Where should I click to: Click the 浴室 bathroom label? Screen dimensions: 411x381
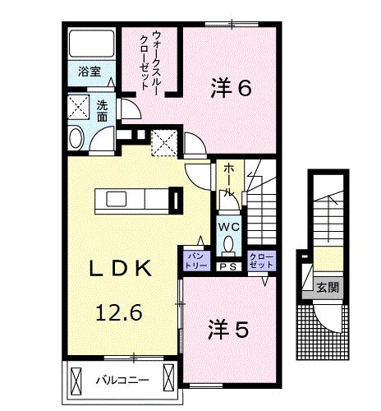(x=89, y=72)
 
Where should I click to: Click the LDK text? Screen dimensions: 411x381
(x=120, y=268)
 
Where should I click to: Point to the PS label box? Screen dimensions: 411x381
(x=228, y=265)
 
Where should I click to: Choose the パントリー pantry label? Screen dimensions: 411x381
(x=195, y=261)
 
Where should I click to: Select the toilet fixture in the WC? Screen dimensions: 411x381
(x=228, y=242)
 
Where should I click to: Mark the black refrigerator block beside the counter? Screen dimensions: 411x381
(x=175, y=201)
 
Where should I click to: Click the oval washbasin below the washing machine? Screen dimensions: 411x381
(x=76, y=137)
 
